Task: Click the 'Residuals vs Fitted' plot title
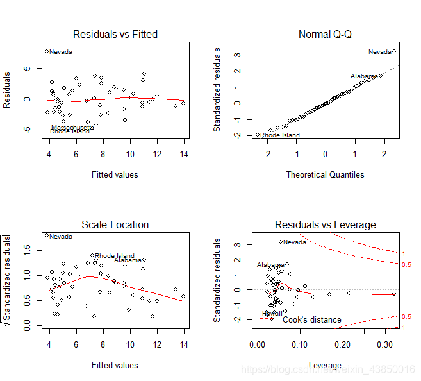(x=115, y=34)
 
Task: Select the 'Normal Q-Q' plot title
(x=325, y=34)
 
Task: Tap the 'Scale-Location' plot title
(x=115, y=224)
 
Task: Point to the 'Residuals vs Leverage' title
(x=325, y=224)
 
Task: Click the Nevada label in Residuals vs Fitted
(x=61, y=52)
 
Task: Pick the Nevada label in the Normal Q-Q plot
(x=379, y=52)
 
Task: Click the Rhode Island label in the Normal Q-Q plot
(x=280, y=135)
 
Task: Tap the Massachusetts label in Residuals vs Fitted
(x=72, y=127)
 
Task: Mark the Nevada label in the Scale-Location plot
(x=61, y=237)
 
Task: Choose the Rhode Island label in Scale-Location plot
(x=115, y=256)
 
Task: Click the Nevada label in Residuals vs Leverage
(x=295, y=242)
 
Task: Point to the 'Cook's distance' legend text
(x=312, y=319)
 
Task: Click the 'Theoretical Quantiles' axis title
(x=325, y=174)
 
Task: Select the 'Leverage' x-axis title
(x=325, y=365)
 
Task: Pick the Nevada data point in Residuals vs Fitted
(x=47, y=51)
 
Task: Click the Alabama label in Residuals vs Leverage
(x=270, y=265)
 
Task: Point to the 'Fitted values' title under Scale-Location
(x=115, y=365)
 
